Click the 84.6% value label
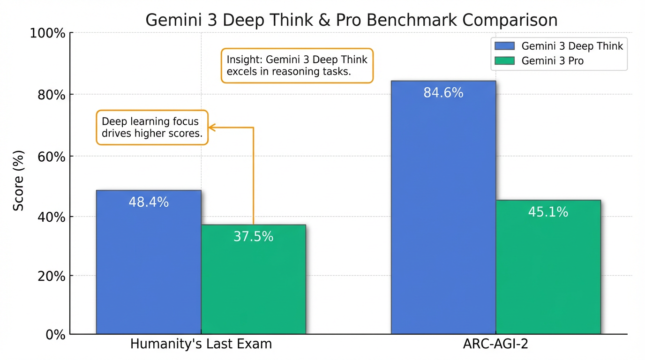coord(443,93)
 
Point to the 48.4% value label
coord(149,202)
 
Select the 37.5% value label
coord(254,237)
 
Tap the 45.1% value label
coord(548,212)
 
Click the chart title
coord(351,20)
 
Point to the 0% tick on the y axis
coord(55,334)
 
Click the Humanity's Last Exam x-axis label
coord(201,344)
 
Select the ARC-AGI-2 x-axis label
coord(495,344)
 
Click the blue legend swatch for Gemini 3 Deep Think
coord(505,46)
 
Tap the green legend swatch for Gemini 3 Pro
coord(505,60)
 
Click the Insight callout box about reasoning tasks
coord(297,66)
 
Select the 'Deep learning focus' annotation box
coord(152,127)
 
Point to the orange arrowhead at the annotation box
coord(211,127)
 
